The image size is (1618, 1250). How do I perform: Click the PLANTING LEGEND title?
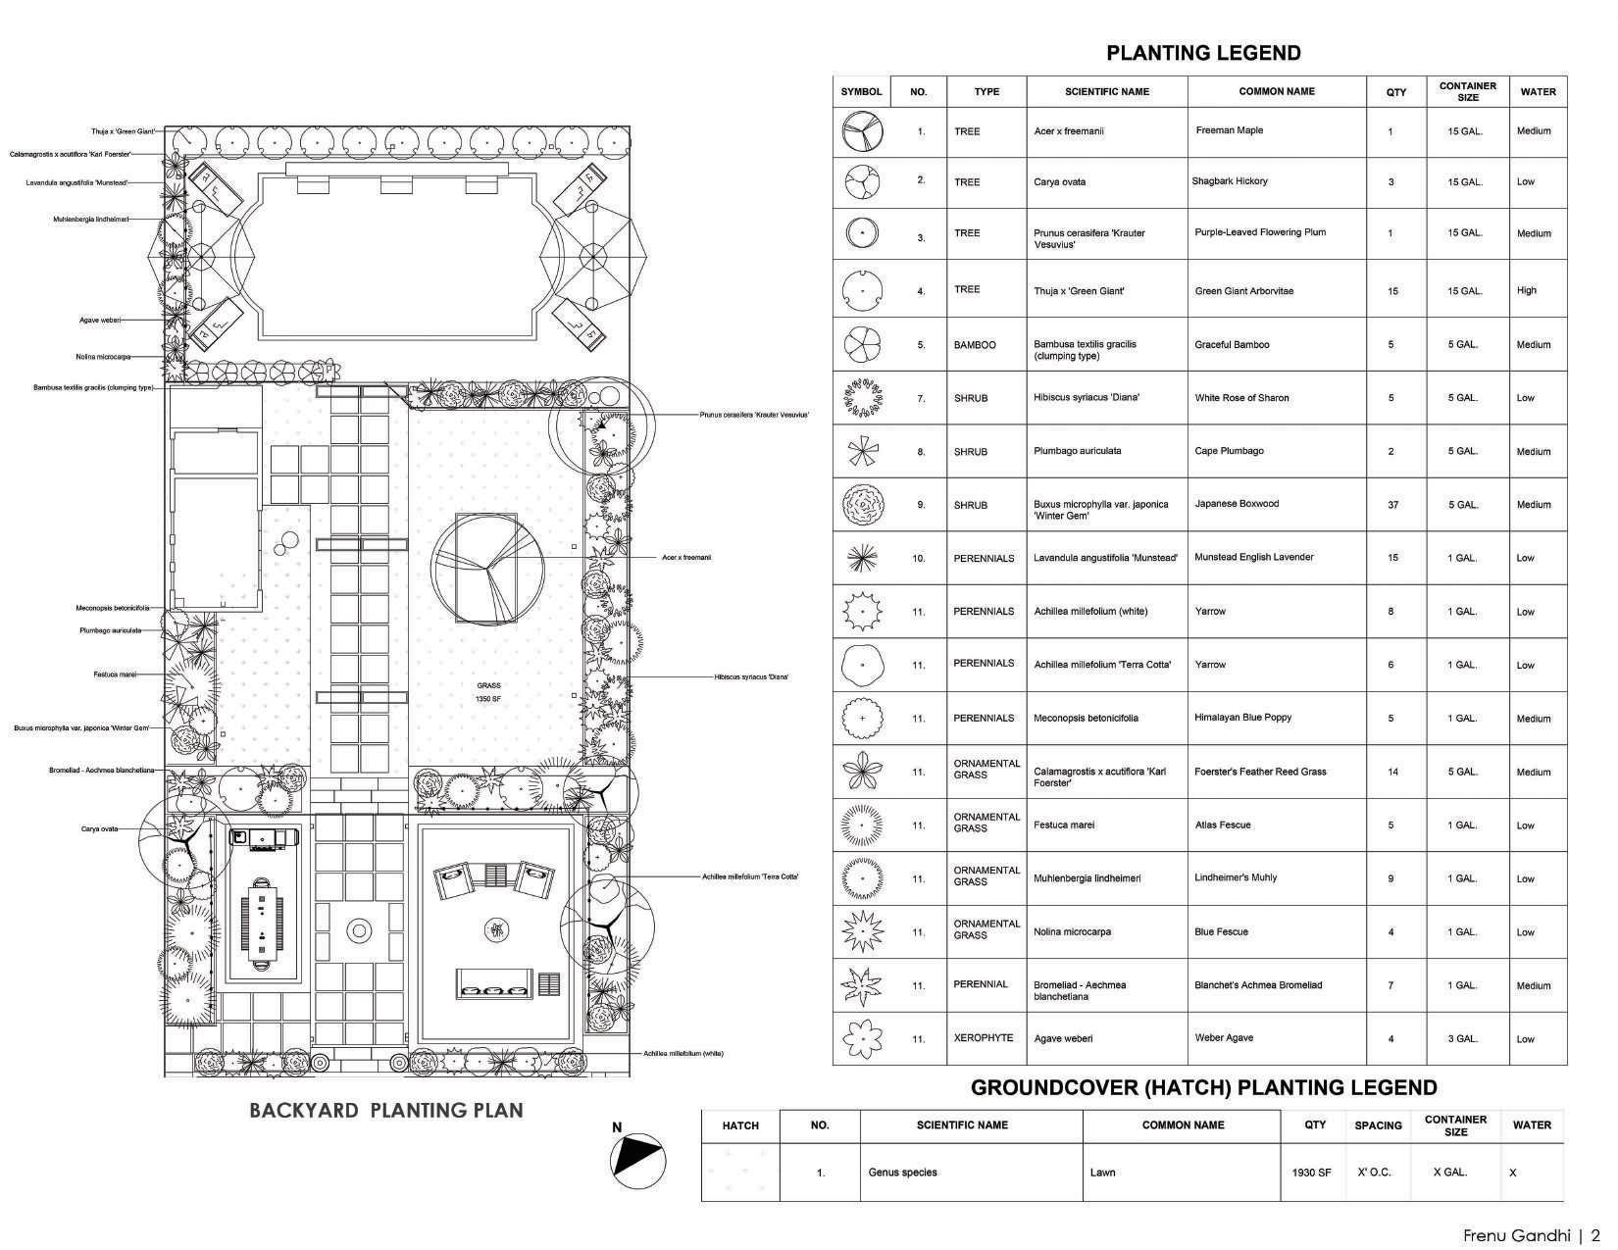coord(1203,54)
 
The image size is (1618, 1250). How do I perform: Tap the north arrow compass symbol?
coord(637,1162)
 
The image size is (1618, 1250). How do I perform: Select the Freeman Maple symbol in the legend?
coord(862,131)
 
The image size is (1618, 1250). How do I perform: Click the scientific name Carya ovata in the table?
coord(1059,182)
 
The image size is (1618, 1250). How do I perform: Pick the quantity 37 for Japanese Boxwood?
coord(1392,505)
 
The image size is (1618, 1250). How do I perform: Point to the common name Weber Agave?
coord(1224,1038)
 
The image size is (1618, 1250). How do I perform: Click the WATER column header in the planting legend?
coord(1538,92)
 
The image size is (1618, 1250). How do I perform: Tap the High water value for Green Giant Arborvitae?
coord(1527,290)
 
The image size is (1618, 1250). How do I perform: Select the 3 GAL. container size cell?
coord(1465,1039)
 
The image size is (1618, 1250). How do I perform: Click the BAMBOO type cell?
coord(975,345)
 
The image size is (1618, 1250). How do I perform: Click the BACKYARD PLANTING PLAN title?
coord(385,1111)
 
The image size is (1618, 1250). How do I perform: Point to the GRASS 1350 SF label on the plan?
coord(488,692)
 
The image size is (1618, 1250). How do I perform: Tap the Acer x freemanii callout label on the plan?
coord(686,558)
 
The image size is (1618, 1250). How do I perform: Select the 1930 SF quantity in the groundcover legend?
coord(1312,1173)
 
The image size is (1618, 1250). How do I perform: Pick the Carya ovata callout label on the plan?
coord(99,829)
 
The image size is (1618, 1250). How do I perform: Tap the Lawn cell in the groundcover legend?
coord(1102,1173)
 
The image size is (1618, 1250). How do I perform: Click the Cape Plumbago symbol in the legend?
coord(862,451)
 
